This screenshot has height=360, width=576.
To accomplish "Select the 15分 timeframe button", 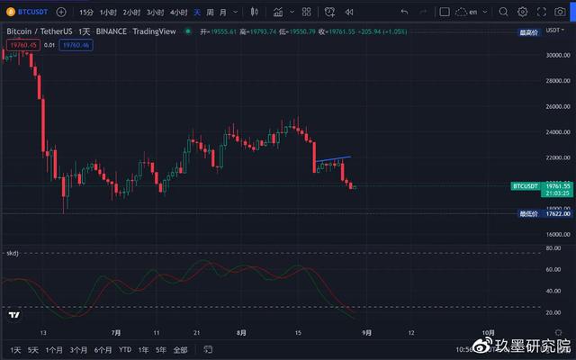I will (85, 13).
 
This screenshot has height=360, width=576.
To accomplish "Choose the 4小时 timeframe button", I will (178, 13).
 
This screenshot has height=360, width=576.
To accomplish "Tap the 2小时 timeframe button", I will (131, 13).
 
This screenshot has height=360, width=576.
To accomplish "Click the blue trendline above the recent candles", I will (333, 159).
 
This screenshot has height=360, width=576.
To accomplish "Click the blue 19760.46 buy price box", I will (76, 44).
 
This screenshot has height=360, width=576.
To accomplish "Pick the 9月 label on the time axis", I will (366, 332).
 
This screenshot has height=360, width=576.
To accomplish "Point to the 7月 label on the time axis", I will (115, 332).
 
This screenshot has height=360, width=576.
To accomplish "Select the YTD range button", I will (124, 349).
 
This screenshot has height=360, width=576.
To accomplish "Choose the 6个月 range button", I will (103, 349).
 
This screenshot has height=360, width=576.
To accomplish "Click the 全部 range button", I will (180, 349).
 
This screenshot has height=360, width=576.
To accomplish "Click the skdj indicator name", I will (13, 254).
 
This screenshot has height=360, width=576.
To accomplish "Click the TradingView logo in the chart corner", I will (13, 316).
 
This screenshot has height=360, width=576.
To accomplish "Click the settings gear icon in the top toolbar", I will (522, 13).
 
